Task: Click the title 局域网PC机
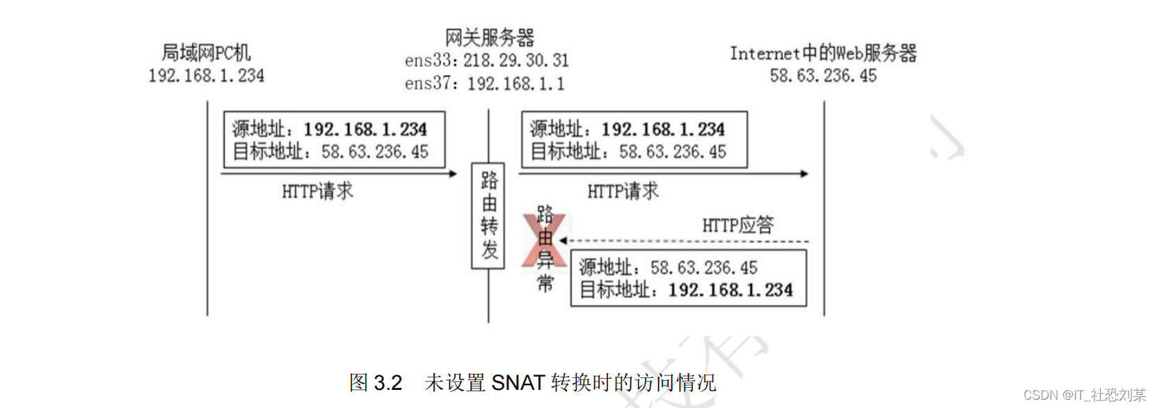tap(206, 53)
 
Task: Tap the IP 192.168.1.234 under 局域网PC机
tap(206, 76)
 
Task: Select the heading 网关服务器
tap(490, 38)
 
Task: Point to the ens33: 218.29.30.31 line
tap(487, 61)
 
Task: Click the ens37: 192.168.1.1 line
tap(485, 84)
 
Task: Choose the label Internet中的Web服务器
tap(823, 54)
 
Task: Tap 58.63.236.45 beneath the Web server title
tap(823, 76)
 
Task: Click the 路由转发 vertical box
tap(488, 215)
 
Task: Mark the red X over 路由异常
tap(545, 241)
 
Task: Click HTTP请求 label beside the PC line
tap(317, 191)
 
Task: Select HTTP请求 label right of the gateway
tap(623, 191)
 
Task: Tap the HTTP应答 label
tap(737, 226)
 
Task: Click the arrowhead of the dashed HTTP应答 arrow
tap(563, 241)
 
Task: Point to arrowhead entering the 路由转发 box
tap(454, 173)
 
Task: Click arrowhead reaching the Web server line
tap(805, 173)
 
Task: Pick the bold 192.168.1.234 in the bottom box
tap(731, 290)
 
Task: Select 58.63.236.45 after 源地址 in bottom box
tap(703, 268)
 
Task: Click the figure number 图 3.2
tap(376, 383)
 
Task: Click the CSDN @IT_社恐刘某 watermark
tap(1084, 395)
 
